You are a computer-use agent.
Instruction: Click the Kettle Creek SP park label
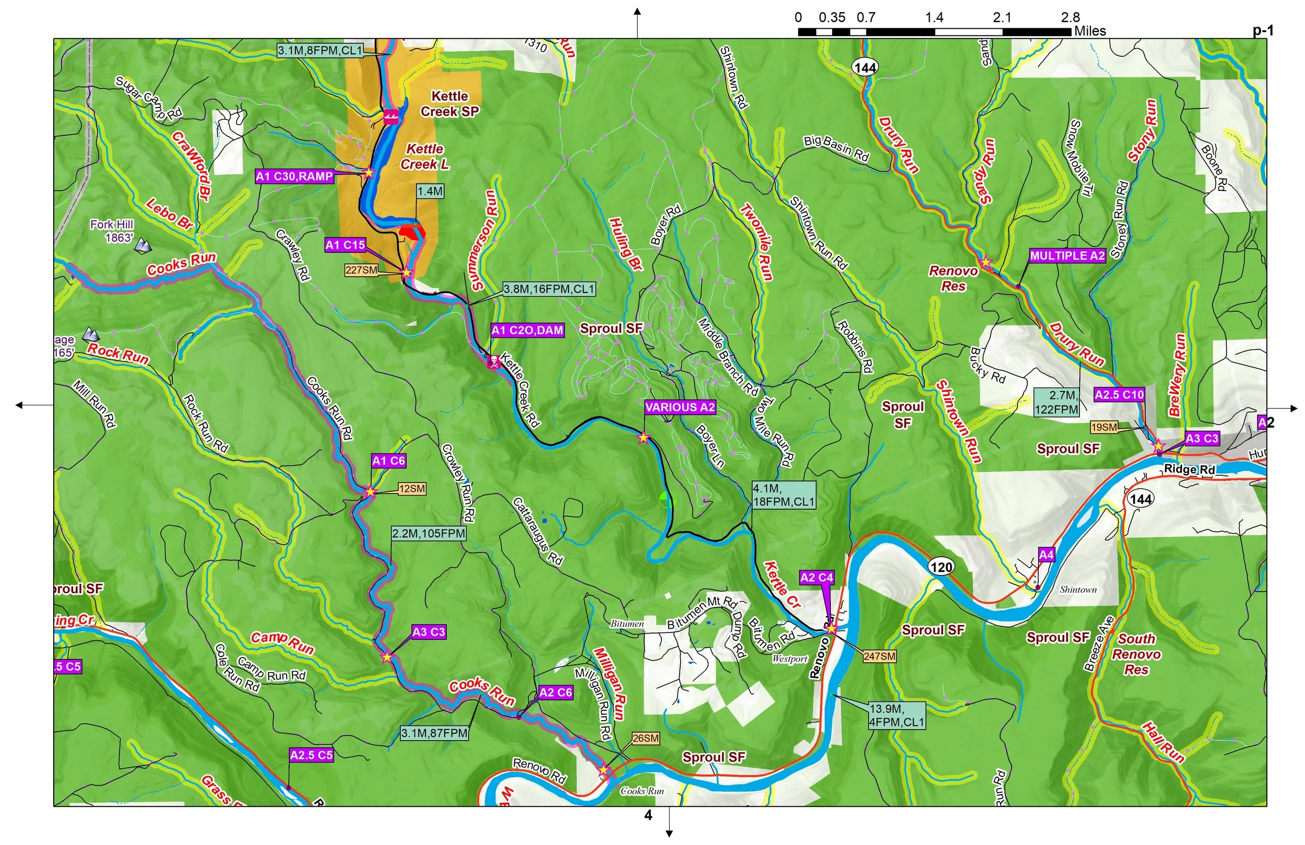click(x=449, y=104)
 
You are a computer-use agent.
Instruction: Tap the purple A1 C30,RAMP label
click(x=294, y=177)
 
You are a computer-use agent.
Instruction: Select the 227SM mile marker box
click(x=361, y=270)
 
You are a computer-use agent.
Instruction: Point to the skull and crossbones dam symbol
click(x=493, y=361)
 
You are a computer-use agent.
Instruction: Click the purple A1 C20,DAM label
click(x=527, y=330)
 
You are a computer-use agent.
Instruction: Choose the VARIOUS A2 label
click(x=680, y=407)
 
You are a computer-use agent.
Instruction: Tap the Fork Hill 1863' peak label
click(x=112, y=231)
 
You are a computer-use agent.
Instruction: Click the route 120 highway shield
click(x=941, y=567)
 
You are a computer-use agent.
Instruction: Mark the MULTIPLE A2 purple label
click(x=1067, y=256)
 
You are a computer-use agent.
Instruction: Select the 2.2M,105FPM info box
click(x=428, y=533)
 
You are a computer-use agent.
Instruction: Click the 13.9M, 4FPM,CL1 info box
click(x=897, y=715)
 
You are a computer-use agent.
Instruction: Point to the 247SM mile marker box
click(x=880, y=656)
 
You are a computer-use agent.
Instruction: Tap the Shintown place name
click(x=1078, y=590)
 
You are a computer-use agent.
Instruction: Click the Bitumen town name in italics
click(x=627, y=624)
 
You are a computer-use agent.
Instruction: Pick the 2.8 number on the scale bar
click(x=1070, y=18)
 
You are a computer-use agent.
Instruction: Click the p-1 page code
click(x=1263, y=31)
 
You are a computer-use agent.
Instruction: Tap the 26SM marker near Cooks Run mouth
click(x=645, y=738)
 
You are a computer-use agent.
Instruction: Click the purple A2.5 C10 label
click(x=1119, y=394)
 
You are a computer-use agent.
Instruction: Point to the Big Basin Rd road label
click(x=836, y=148)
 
